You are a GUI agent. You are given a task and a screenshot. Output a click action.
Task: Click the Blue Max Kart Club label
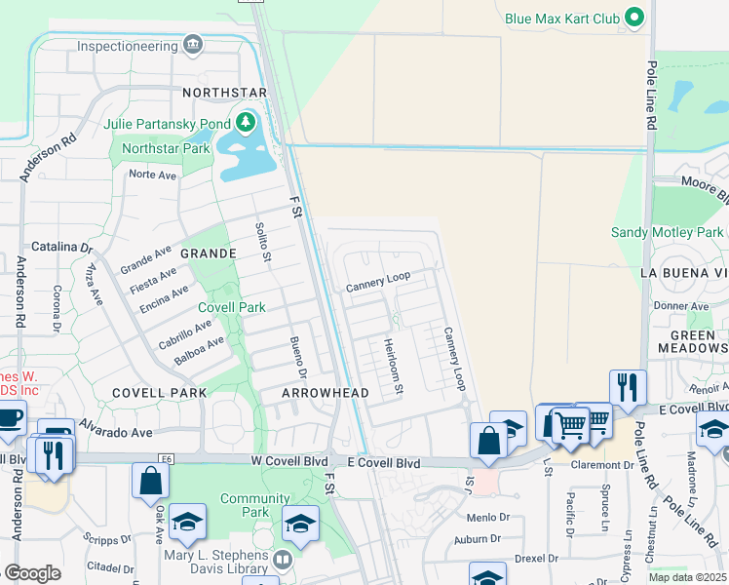click(x=561, y=18)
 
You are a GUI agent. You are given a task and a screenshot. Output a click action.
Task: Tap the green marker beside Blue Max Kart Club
click(x=635, y=18)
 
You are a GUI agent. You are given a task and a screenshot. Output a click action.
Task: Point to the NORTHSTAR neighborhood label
click(x=224, y=93)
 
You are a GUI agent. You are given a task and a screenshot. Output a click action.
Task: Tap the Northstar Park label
click(x=162, y=149)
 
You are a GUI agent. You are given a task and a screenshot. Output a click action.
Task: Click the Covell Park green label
click(x=232, y=307)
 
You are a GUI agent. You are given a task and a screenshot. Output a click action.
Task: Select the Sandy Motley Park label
click(x=668, y=232)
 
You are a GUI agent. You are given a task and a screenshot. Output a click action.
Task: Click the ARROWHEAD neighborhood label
click(x=326, y=392)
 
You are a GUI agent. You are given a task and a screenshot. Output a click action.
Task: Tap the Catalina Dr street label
click(x=67, y=247)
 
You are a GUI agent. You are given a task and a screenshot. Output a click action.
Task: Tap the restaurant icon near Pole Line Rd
click(x=628, y=387)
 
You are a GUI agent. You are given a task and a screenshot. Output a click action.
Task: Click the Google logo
click(x=32, y=573)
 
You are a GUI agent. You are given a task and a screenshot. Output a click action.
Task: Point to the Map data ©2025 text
click(x=687, y=577)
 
